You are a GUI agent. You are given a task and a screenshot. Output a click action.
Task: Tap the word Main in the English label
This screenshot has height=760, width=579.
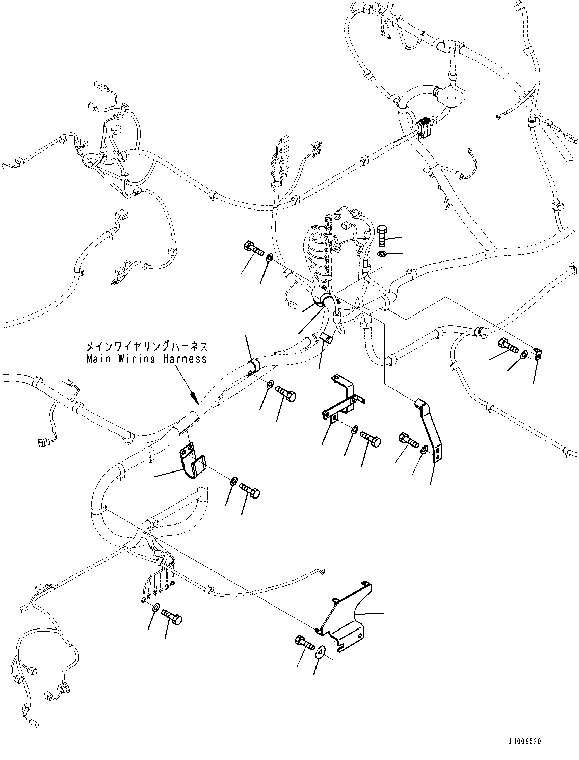(96, 359)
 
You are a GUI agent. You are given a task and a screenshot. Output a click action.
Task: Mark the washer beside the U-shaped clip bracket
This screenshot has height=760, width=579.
(232, 481)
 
